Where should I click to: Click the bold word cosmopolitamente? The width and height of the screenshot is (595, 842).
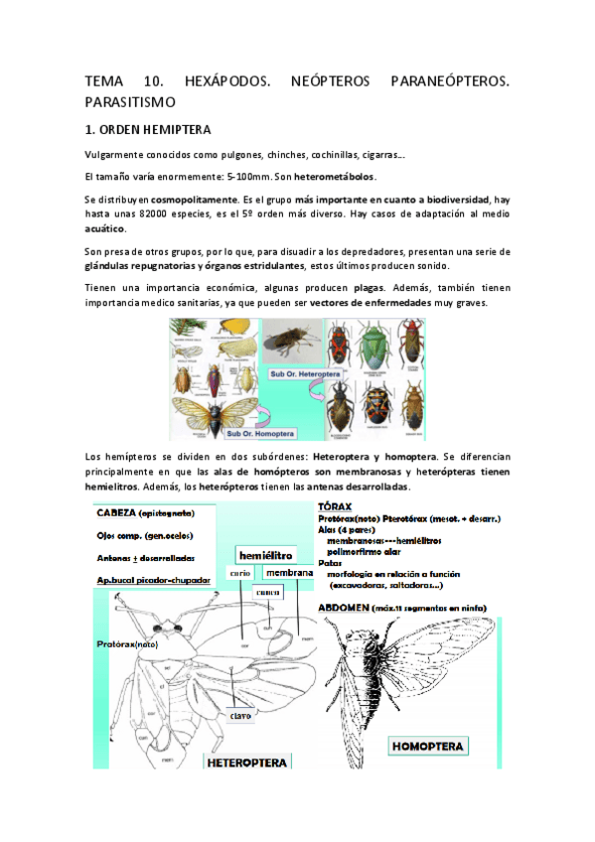coord(195,200)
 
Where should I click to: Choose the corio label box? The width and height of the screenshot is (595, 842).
coord(239,573)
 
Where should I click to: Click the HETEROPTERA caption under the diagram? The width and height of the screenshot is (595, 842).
coord(247,763)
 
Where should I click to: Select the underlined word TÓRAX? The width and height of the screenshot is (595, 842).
coord(337,504)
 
